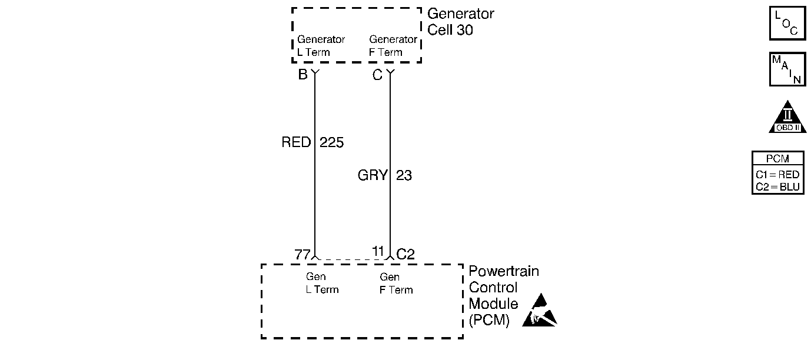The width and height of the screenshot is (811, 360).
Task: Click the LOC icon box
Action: click(x=787, y=23)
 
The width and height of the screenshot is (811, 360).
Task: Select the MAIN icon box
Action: click(x=787, y=69)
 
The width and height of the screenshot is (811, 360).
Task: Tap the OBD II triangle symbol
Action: click(x=787, y=117)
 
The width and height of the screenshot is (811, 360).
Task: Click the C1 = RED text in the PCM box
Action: click(x=777, y=175)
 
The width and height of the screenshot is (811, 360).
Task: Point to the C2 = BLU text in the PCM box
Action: click(x=777, y=187)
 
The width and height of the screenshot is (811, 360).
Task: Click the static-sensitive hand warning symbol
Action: click(x=540, y=310)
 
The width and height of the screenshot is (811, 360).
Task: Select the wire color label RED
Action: click(x=296, y=142)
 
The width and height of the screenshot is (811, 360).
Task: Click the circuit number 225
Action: click(x=331, y=142)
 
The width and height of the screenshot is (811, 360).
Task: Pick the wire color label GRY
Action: click(x=373, y=175)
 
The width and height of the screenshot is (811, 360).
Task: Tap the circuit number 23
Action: click(x=404, y=175)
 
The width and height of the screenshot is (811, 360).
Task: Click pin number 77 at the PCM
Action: click(x=303, y=255)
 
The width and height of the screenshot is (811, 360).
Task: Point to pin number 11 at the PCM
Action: click(x=378, y=251)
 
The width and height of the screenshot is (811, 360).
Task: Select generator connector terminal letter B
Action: click(x=303, y=75)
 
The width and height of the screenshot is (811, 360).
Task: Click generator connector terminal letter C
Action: click(x=377, y=75)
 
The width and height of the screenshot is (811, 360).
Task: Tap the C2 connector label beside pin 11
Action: click(x=405, y=254)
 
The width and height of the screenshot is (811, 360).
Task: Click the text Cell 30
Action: click(x=450, y=30)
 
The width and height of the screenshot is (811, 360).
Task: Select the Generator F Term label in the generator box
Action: click(x=393, y=45)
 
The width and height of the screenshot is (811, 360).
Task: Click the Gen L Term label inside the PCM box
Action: click(x=323, y=283)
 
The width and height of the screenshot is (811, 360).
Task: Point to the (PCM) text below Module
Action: click(x=489, y=320)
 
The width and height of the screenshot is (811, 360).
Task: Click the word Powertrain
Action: click(x=504, y=271)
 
